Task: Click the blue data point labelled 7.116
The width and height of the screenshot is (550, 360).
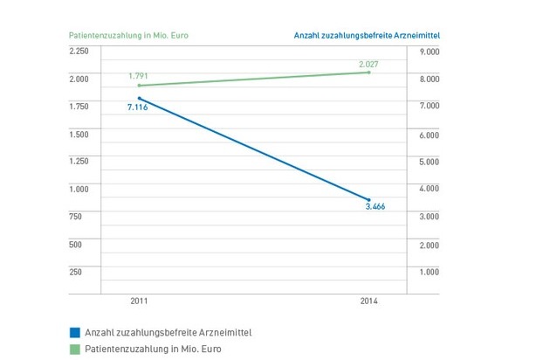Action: [140, 99]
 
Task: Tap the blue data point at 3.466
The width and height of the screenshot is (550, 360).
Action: [369, 200]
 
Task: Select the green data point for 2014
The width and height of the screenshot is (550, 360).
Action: [369, 73]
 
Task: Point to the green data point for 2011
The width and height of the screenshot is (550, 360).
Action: [140, 86]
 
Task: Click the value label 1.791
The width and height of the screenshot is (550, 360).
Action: [139, 76]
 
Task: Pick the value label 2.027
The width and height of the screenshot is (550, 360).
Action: [369, 63]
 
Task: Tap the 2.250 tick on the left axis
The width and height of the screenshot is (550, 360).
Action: [79, 52]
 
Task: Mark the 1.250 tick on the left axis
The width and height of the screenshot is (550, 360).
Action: [79, 162]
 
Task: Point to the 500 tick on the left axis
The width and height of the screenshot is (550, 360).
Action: [75, 244]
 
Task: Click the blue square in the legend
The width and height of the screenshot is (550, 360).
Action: [74, 332]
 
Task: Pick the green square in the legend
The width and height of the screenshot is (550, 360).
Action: [74, 348]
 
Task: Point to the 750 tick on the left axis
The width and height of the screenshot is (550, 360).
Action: [75, 217]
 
